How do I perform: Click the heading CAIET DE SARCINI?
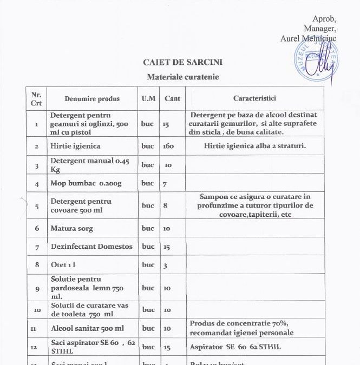click(182, 63)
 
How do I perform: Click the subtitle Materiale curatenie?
click(183, 77)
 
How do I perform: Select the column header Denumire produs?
click(92, 99)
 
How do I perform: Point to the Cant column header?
click(172, 99)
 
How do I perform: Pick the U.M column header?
click(148, 99)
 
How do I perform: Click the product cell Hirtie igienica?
click(75, 147)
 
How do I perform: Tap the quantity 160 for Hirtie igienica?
click(168, 147)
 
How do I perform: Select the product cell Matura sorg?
click(71, 229)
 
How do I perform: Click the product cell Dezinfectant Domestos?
click(91, 247)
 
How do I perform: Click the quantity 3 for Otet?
click(165, 266)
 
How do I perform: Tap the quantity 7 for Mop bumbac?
click(164, 184)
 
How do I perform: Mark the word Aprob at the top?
click(324, 19)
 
